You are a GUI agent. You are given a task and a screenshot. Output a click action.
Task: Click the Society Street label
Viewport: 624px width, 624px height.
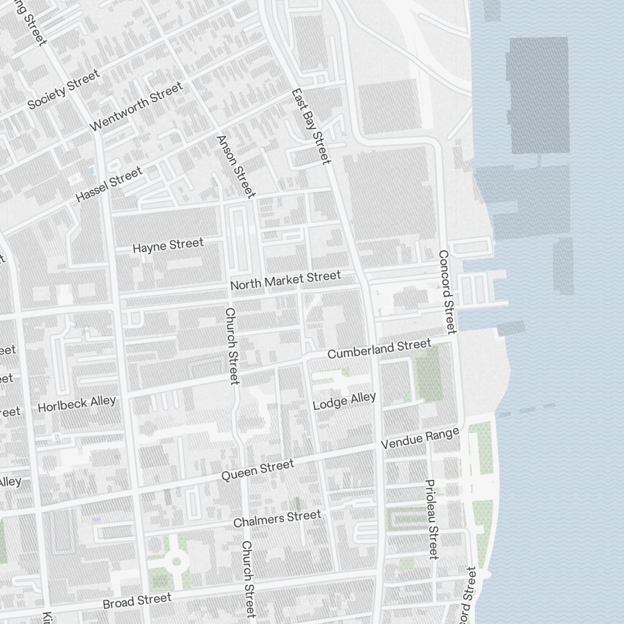(63, 89)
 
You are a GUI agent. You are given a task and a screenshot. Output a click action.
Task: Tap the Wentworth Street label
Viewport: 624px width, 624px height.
(136, 107)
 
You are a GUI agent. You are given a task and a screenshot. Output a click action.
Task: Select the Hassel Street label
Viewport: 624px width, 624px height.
(109, 184)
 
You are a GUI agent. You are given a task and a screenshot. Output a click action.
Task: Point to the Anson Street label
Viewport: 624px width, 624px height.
(236, 166)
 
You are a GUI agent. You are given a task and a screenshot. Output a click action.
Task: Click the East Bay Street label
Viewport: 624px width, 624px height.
(310, 127)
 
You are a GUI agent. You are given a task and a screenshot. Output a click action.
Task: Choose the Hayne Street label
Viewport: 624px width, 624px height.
(168, 246)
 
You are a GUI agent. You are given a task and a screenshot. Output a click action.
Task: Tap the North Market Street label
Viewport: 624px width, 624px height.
(286, 280)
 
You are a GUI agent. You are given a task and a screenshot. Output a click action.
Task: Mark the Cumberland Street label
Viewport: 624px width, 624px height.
(379, 349)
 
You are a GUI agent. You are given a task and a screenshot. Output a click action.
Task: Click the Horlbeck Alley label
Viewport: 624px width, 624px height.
(77, 404)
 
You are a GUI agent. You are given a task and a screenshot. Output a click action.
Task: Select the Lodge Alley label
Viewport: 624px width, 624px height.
(344, 401)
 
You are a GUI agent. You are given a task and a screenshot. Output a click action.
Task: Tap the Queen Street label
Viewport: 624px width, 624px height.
(257, 470)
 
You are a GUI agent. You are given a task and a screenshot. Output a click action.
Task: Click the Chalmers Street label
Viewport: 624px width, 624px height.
(277, 519)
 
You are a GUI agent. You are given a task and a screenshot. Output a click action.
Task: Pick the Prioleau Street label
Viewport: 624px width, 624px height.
(431, 519)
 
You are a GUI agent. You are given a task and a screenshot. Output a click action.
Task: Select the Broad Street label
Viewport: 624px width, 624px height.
(137, 602)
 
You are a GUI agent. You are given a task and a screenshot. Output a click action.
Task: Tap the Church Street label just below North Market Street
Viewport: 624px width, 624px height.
(231, 346)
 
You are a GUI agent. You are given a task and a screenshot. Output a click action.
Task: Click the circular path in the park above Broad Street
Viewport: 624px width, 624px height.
(176, 562)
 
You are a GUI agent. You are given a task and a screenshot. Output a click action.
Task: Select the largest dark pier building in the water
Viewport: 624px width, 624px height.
(537, 95)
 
